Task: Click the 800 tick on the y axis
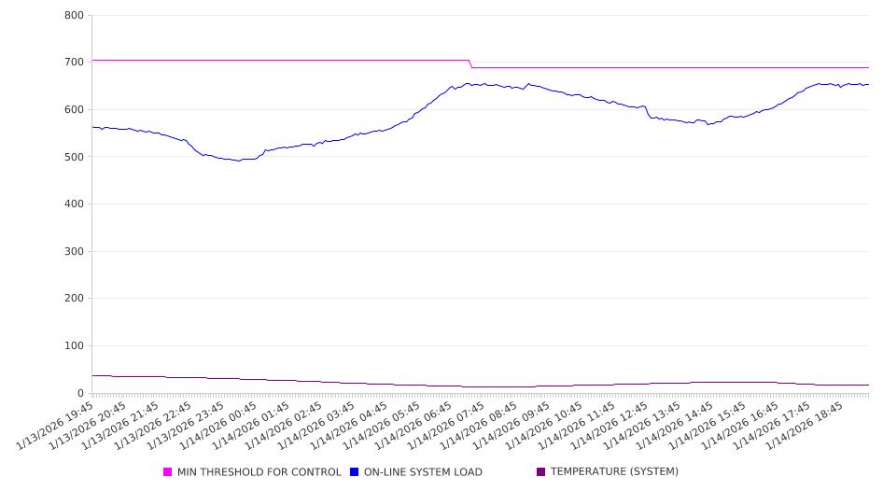click(74, 16)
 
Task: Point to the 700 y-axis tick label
click(74, 63)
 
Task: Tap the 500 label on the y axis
click(74, 157)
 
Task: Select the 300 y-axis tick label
click(74, 252)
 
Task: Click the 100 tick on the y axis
click(74, 346)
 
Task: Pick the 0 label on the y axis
click(80, 394)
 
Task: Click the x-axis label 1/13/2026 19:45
click(57, 426)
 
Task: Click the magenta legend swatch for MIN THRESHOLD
click(168, 472)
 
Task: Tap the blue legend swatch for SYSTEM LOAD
click(355, 472)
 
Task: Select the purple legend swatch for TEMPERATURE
click(541, 472)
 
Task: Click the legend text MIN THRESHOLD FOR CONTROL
click(259, 472)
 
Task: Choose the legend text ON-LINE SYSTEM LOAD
click(423, 472)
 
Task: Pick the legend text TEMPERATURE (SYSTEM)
click(614, 472)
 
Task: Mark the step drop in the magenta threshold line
click(470, 63)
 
